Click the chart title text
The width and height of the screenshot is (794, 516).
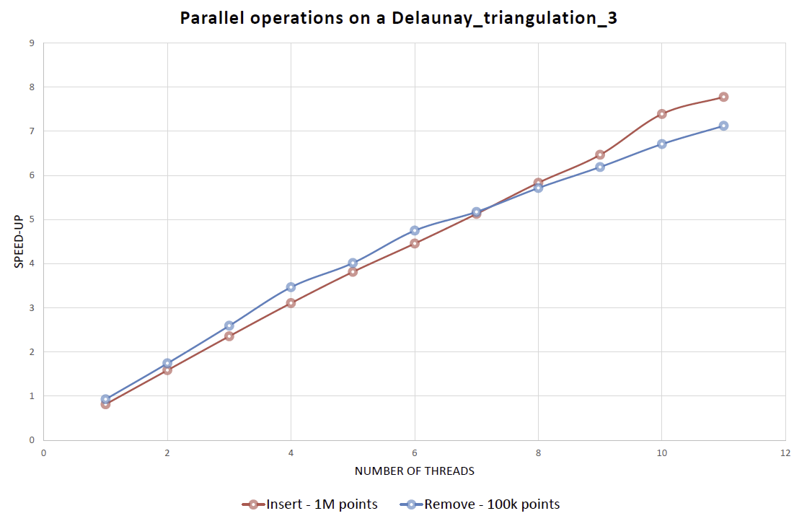[x=398, y=18]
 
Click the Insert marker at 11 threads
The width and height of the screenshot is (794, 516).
[x=723, y=97]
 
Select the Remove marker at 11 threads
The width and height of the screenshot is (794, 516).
[x=723, y=126]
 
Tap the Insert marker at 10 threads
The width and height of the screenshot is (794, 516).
[x=661, y=113]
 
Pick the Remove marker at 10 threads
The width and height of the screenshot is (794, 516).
[x=661, y=144]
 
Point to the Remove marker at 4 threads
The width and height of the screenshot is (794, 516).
[x=291, y=287]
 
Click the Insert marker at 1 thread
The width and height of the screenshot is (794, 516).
[x=105, y=404]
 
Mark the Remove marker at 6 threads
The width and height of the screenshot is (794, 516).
[x=415, y=230]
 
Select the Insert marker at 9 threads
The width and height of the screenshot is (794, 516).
[x=600, y=154]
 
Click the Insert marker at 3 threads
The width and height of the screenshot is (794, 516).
[x=229, y=336]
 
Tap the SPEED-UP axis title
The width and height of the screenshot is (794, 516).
[x=19, y=242]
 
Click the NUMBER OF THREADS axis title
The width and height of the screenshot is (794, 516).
[x=414, y=471]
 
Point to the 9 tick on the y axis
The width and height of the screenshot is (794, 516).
[x=32, y=43]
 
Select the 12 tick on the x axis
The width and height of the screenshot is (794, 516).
[x=785, y=453]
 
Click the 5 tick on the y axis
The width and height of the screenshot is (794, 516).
[x=32, y=219]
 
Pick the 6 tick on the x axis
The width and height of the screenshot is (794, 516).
[x=415, y=453]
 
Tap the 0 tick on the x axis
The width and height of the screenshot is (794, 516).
[x=44, y=453]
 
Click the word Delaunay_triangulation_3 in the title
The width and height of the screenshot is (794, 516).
[x=504, y=18]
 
